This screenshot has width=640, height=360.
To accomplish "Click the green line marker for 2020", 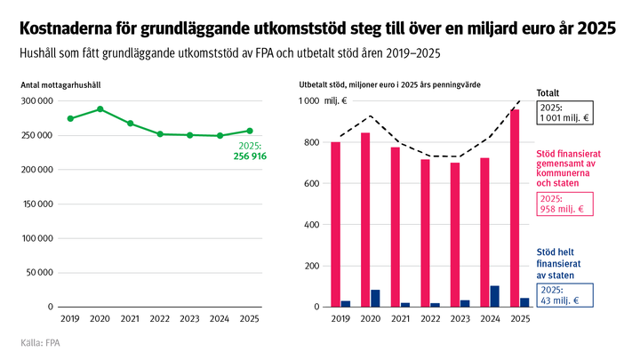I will click(x=100, y=109).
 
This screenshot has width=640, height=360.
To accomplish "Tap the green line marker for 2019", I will click(x=70, y=118).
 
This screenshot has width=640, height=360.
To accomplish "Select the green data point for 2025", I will click(x=250, y=131).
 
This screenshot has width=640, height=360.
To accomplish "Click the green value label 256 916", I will click(x=250, y=156).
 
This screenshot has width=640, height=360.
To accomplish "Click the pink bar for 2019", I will click(x=335, y=224).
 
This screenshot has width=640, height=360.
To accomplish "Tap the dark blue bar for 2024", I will click(x=495, y=297).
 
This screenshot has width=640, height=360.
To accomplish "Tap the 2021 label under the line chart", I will click(x=131, y=317).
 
